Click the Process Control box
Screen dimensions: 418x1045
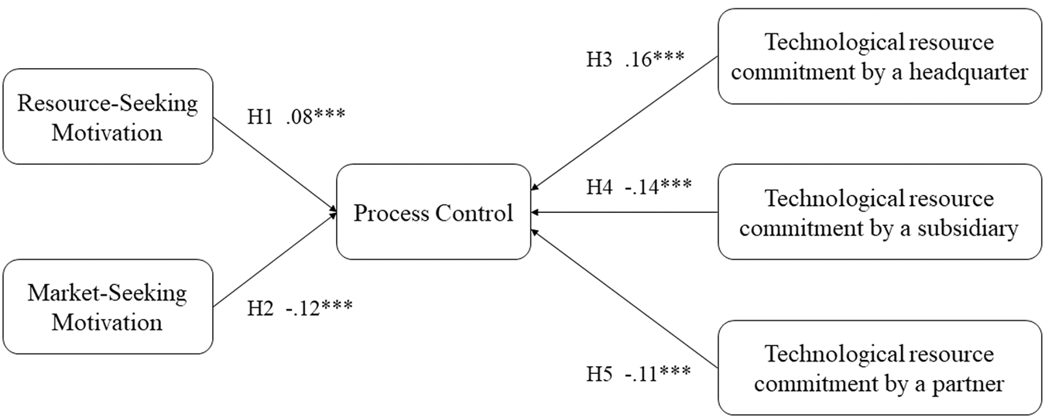[433, 211]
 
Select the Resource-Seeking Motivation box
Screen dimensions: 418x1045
[108, 117]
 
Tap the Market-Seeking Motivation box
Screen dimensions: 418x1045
[108, 307]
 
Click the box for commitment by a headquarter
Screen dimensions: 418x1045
[879, 57]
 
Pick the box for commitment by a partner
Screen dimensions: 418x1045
[879, 368]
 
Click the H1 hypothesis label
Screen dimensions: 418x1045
[260, 117]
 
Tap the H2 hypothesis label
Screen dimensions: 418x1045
[260, 307]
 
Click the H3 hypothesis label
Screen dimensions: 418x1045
[599, 59]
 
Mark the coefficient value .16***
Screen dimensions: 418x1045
[654, 59]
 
